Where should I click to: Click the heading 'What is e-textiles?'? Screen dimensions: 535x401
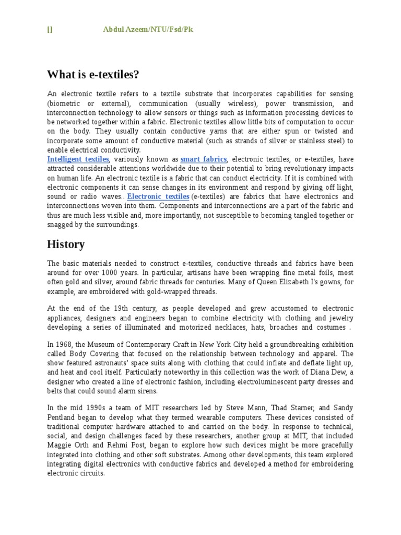(93, 75)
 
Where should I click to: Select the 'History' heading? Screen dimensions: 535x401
(66, 244)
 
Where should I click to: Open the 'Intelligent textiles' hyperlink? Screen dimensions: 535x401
(78, 159)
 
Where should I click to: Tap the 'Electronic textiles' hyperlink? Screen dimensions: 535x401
(158, 196)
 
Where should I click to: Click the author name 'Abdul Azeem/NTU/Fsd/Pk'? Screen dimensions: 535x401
(148, 30)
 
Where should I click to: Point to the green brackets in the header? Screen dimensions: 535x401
(50, 30)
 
